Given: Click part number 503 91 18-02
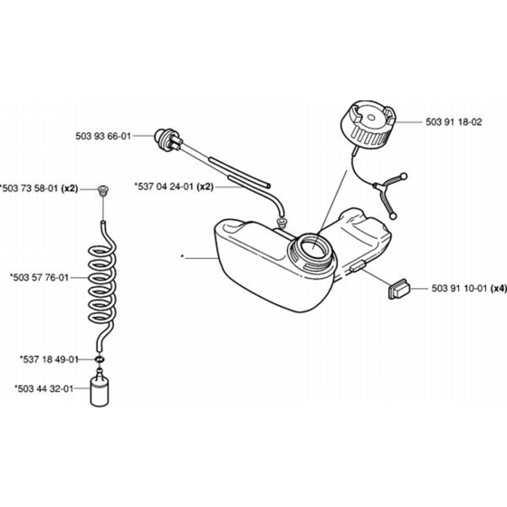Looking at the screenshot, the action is point(454,122).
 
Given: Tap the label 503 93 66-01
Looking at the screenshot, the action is point(103,136).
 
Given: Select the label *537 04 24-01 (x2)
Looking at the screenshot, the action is point(174,187).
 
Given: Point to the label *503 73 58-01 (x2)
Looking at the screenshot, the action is point(39,188).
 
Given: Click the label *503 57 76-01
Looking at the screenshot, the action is point(39,278).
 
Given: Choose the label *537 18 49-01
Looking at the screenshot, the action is point(49,359).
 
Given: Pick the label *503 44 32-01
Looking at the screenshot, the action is point(44,388).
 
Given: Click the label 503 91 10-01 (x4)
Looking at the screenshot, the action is point(469,288).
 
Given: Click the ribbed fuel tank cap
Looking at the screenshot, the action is point(368,122).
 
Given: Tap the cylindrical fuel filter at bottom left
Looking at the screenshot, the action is point(100,387).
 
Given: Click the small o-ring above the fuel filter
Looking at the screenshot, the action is point(100,359).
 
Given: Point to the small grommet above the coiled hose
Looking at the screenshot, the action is point(103,190).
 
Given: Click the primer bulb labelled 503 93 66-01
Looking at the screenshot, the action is point(168,139).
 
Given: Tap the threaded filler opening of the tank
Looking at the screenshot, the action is point(312,251).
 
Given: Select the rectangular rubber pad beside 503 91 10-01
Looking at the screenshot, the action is point(399,289).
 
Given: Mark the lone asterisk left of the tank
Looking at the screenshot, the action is point(183,257).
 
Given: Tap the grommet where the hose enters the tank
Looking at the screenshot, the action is point(282,222).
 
